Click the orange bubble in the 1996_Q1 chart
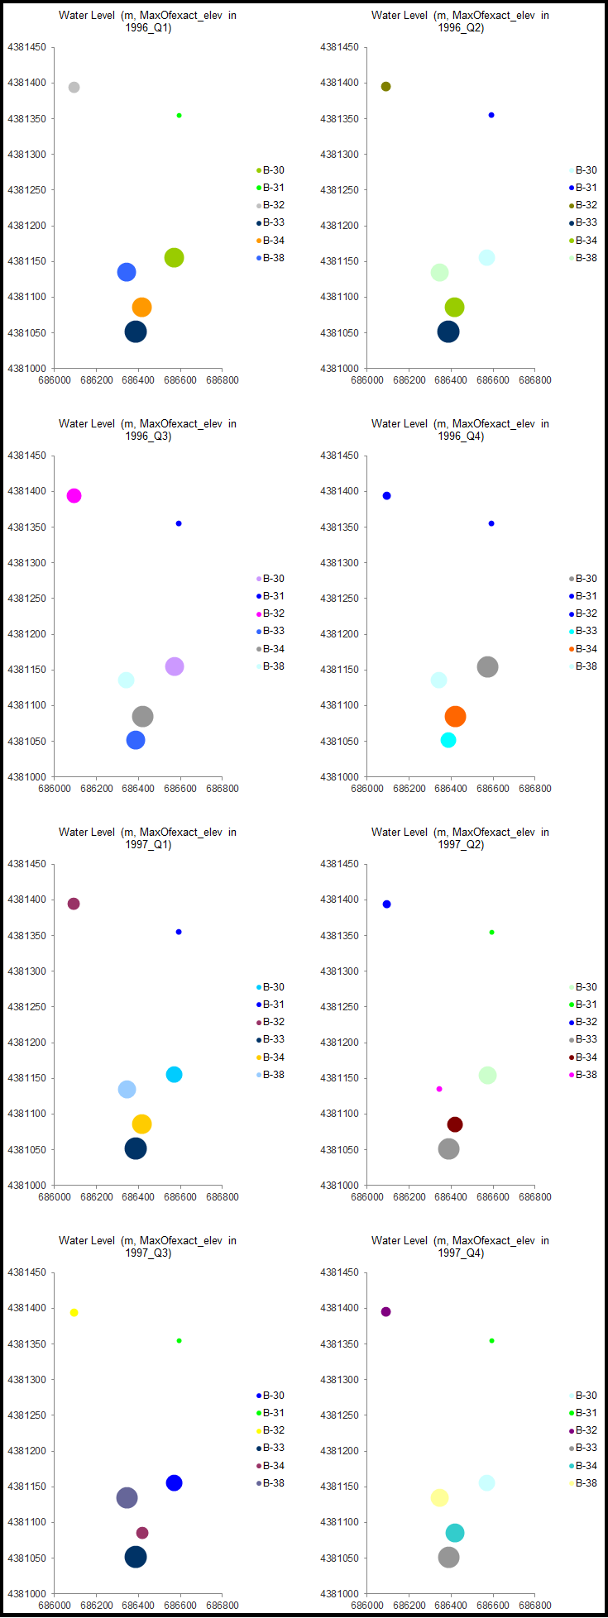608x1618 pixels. (x=141, y=308)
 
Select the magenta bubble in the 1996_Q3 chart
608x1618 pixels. (x=74, y=496)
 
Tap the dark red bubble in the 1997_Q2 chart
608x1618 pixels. (x=455, y=1124)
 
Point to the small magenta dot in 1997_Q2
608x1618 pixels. (x=439, y=1089)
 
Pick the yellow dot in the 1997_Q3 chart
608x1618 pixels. (x=74, y=1313)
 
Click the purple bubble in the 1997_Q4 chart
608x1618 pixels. (x=385, y=1312)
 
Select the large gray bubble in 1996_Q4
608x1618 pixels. (x=488, y=667)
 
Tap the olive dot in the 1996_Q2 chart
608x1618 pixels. (x=385, y=87)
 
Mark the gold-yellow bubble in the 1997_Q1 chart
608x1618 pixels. (x=141, y=1124)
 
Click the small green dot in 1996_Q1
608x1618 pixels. (x=179, y=116)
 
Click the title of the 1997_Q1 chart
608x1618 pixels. (x=147, y=838)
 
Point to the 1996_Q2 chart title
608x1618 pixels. (x=460, y=21)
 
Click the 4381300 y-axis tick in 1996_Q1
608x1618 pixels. (x=26, y=155)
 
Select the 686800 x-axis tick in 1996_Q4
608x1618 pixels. (x=535, y=789)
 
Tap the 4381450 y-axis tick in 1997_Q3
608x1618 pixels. (x=26, y=1272)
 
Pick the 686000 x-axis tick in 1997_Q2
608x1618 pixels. (x=367, y=1197)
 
